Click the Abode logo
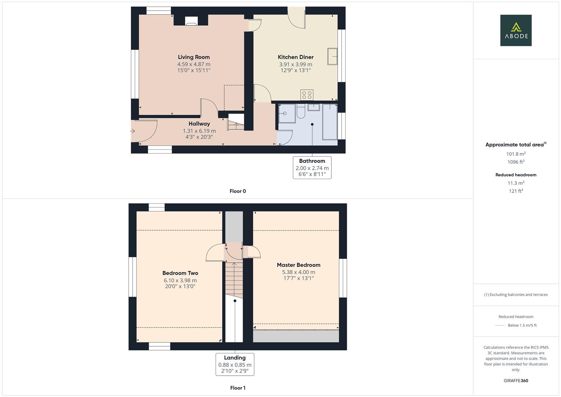(x=516, y=31)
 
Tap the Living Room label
(x=194, y=57)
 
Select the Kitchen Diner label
(x=295, y=57)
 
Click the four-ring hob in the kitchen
(x=307, y=95)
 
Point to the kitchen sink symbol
(x=332, y=56)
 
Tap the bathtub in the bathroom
(x=330, y=122)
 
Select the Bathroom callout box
(x=312, y=168)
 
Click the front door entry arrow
(x=133, y=131)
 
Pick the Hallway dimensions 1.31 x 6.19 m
(x=199, y=131)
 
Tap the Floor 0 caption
(x=238, y=191)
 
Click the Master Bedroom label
(x=298, y=265)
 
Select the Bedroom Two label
(x=180, y=273)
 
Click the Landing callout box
(x=235, y=364)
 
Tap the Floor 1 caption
(x=238, y=388)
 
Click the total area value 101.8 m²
(x=516, y=154)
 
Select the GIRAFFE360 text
(x=516, y=381)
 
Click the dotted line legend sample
(x=500, y=325)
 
